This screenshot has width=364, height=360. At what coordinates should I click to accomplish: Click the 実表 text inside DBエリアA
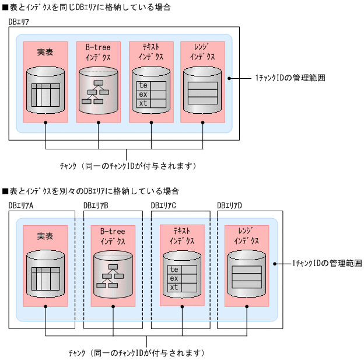coord(45,236)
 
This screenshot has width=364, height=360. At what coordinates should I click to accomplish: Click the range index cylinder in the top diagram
coord(202,90)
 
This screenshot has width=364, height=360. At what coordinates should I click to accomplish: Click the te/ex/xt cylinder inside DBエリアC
coord(182,275)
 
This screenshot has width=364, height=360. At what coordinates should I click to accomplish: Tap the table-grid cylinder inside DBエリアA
coord(45,274)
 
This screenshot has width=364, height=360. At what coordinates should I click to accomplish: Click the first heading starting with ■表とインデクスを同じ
coord(86,7)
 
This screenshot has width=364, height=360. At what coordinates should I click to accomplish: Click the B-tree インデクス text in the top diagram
coord(98,52)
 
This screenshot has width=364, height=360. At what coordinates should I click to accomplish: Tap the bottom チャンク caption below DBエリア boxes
coord(135,353)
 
